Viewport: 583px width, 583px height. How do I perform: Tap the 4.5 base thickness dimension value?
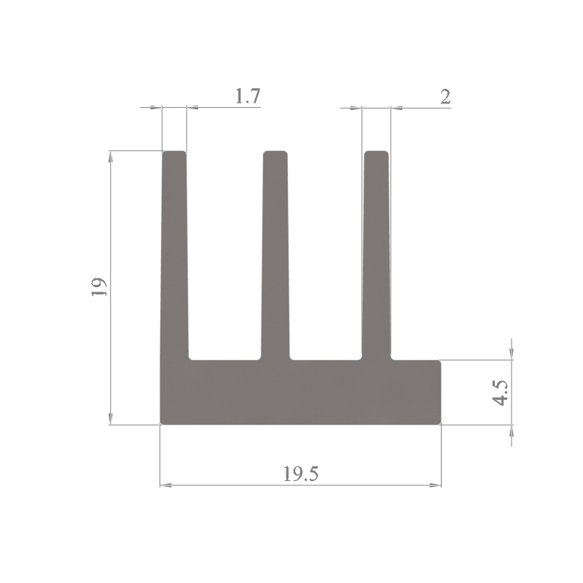point(500,393)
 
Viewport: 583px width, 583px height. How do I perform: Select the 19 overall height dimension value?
point(99,286)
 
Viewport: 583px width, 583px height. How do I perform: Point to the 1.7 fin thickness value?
point(248,96)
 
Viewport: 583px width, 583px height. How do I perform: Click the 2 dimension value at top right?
point(445,97)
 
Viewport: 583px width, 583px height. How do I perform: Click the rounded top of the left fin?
point(174,152)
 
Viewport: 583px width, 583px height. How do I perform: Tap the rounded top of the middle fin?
point(275,152)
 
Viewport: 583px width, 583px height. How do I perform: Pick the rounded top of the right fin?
point(376,152)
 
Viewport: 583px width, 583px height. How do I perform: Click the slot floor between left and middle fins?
point(225,359)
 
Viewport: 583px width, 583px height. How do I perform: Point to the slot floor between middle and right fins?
point(326,359)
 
